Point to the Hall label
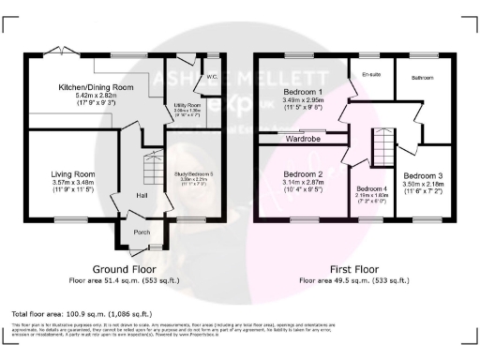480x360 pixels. pos(142,195)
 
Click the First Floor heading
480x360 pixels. pos(353,267)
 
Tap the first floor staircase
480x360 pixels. pos(381,146)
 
